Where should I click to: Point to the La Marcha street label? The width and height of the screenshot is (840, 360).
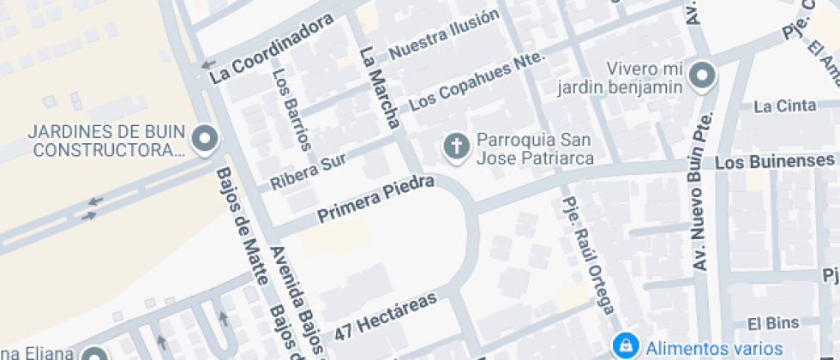(x=380, y=87)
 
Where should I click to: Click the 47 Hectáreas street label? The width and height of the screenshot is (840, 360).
(x=386, y=315)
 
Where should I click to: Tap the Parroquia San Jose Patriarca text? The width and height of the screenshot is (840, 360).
(x=535, y=148)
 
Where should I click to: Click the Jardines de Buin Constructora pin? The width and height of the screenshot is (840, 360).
(x=205, y=140)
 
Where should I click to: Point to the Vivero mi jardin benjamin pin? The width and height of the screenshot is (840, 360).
(x=703, y=76)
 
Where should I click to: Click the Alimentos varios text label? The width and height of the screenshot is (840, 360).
(x=714, y=348)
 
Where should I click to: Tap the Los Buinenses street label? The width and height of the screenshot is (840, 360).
(x=775, y=161)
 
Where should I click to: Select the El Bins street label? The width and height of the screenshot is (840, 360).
(x=765, y=324)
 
